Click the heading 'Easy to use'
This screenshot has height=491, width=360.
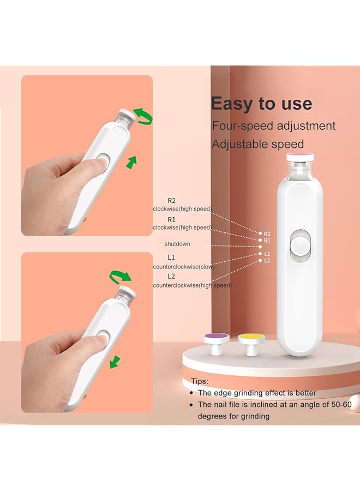(261, 104)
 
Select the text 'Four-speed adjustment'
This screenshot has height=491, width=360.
(273, 126)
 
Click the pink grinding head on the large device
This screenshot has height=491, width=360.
(299, 157)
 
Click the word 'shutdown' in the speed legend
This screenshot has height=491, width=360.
(177, 243)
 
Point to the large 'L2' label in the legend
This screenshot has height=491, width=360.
(171, 277)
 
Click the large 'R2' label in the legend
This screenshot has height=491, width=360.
(171, 201)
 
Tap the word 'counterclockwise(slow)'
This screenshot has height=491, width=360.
(184, 266)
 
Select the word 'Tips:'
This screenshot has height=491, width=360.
(200, 381)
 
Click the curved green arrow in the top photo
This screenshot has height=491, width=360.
(144, 115)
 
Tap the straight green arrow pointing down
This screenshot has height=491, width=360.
(114, 362)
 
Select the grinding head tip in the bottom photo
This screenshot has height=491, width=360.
(127, 291)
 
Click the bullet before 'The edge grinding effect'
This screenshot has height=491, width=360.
(190, 393)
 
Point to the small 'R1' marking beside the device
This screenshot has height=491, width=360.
(267, 240)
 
